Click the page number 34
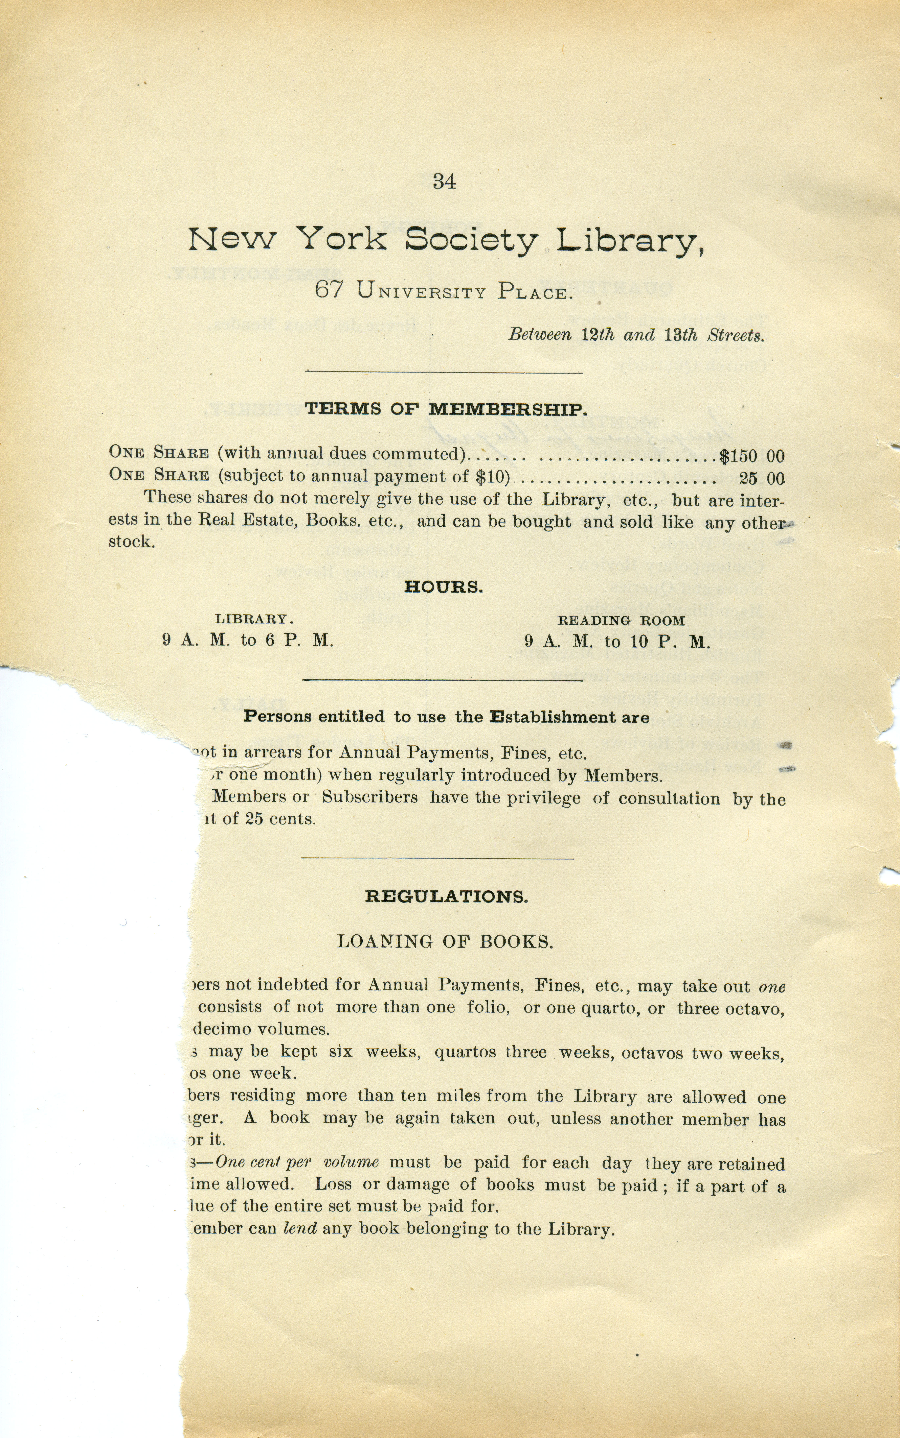444,181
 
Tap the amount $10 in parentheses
492,477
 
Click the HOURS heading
444,587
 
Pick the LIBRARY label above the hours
254,619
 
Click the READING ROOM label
621,621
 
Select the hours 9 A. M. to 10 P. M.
617,642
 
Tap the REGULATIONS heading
446,897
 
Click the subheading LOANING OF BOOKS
445,942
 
